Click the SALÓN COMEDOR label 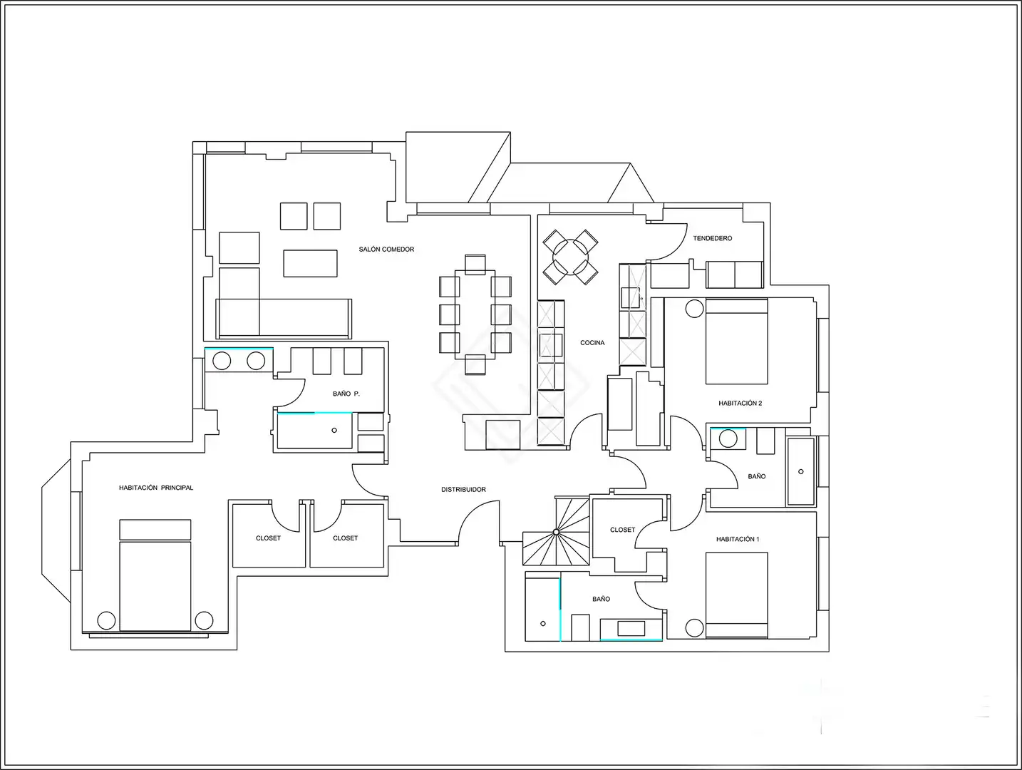point(386,250)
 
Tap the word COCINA point(592,342)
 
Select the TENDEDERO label point(713,238)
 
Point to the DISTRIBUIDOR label point(463,489)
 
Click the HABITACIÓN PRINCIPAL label point(156,487)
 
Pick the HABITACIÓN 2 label point(740,403)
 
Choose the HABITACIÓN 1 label point(738,539)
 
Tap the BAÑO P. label point(346,394)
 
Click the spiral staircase point(556,531)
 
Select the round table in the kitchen point(570,257)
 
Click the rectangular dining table point(475,314)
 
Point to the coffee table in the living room point(310,263)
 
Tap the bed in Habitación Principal point(155,575)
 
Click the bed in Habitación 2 point(737,342)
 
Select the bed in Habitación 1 point(737,595)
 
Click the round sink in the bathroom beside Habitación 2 point(728,438)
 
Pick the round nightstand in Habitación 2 point(694,309)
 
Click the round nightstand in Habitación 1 point(694,628)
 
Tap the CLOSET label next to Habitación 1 point(622,530)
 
